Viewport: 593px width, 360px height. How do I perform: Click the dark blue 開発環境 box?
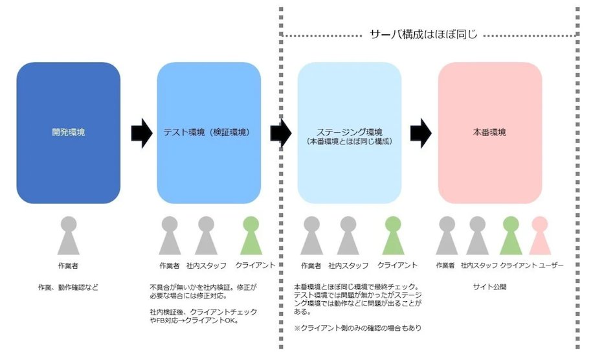pyautogui.click(x=68, y=133)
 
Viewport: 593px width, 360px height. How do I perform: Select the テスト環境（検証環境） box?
pyautogui.click(x=208, y=133)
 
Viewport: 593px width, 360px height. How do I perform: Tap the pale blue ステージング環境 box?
pyautogui.click(x=349, y=133)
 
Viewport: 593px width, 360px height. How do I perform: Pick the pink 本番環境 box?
pyautogui.click(x=489, y=133)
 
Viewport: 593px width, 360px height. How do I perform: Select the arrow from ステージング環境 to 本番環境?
pyautogui.click(x=421, y=133)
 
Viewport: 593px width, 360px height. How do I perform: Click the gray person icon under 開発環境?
pyautogui.click(x=68, y=236)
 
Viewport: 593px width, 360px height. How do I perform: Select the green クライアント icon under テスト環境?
pyautogui.click(x=251, y=236)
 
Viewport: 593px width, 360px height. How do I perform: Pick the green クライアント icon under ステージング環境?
pyautogui.click(x=393, y=236)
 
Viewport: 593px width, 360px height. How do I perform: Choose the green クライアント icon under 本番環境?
pyautogui.click(x=511, y=236)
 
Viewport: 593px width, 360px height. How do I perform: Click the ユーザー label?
pyautogui.click(x=551, y=265)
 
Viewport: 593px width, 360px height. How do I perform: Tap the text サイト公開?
pyautogui.click(x=489, y=286)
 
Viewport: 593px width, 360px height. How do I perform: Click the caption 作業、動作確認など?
pyautogui.click(x=68, y=286)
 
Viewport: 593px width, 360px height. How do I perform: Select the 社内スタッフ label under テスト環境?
pyautogui.click(x=206, y=265)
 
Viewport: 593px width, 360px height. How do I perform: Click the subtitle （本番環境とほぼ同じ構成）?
pyautogui.click(x=350, y=141)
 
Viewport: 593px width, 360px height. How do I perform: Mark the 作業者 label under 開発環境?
pyautogui.click(x=68, y=265)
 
